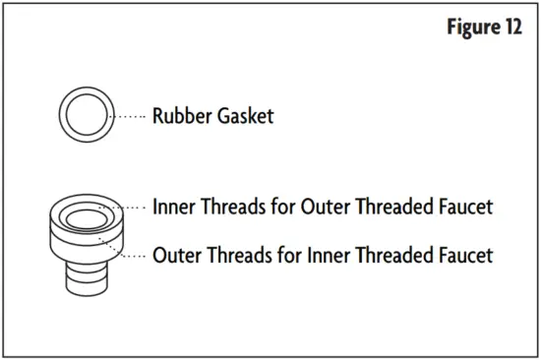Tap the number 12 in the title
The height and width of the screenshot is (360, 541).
coord(512,28)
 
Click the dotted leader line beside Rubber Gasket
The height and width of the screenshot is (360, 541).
coord(127,117)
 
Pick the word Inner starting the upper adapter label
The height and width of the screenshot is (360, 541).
coord(174,209)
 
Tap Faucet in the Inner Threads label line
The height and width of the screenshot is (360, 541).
coord(462,209)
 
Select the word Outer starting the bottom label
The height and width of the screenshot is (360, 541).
coord(176,255)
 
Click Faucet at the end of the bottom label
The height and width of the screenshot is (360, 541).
coord(462,255)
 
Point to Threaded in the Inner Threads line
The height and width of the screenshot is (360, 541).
coord(392,209)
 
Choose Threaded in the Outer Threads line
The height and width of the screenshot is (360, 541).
coord(391,255)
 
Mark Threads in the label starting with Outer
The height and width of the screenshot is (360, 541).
coord(234,255)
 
